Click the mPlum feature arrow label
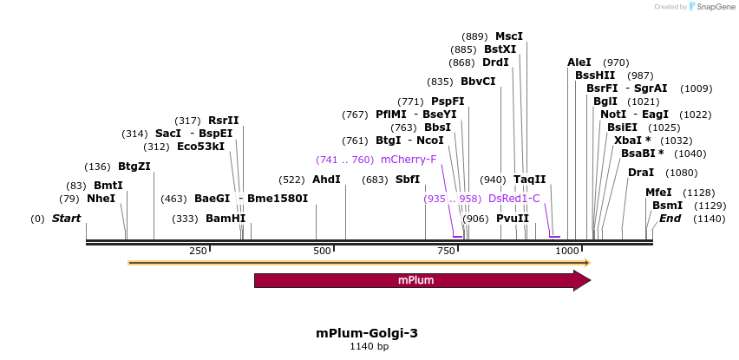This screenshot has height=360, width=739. click(x=416, y=280)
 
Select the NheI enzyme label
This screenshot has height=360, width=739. click(x=101, y=199)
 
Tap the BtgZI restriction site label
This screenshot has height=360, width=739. click(x=134, y=167)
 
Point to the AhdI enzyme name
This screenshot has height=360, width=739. click(x=326, y=180)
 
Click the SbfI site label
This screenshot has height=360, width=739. click(x=408, y=180)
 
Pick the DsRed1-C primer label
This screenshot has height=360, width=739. click(x=514, y=199)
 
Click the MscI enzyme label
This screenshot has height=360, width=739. click(x=509, y=36)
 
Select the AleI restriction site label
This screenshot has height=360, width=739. click(x=579, y=62)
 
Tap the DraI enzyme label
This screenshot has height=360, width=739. click(x=641, y=172)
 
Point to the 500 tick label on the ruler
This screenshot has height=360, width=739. click(x=323, y=251)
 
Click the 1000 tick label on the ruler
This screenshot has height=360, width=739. click(x=567, y=251)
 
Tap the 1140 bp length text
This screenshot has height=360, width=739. click(x=369, y=347)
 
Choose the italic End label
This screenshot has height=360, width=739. click(x=670, y=219)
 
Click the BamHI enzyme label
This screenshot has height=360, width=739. click(x=226, y=219)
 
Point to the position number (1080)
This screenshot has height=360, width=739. click(x=682, y=172)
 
